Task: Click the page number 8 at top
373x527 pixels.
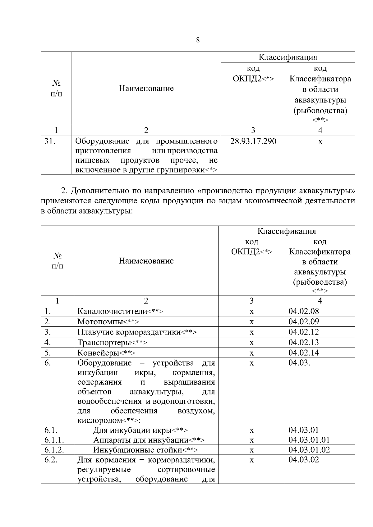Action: [198, 40]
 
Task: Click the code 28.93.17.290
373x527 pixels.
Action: [253, 142]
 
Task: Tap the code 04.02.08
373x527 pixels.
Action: [303, 311]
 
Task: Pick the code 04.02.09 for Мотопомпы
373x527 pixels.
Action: [303, 322]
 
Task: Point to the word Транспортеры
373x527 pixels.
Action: [104, 343]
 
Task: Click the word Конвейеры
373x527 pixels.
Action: [98, 353]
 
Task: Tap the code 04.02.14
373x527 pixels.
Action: [303, 353]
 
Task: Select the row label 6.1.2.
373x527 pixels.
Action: [54, 450]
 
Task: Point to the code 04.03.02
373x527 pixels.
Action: [303, 460]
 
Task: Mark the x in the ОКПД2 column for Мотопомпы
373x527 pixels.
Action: [251, 322]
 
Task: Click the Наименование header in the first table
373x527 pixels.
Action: [146, 88]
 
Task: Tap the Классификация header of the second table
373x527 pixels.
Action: [286, 231]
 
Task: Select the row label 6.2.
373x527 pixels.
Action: [51, 460]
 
